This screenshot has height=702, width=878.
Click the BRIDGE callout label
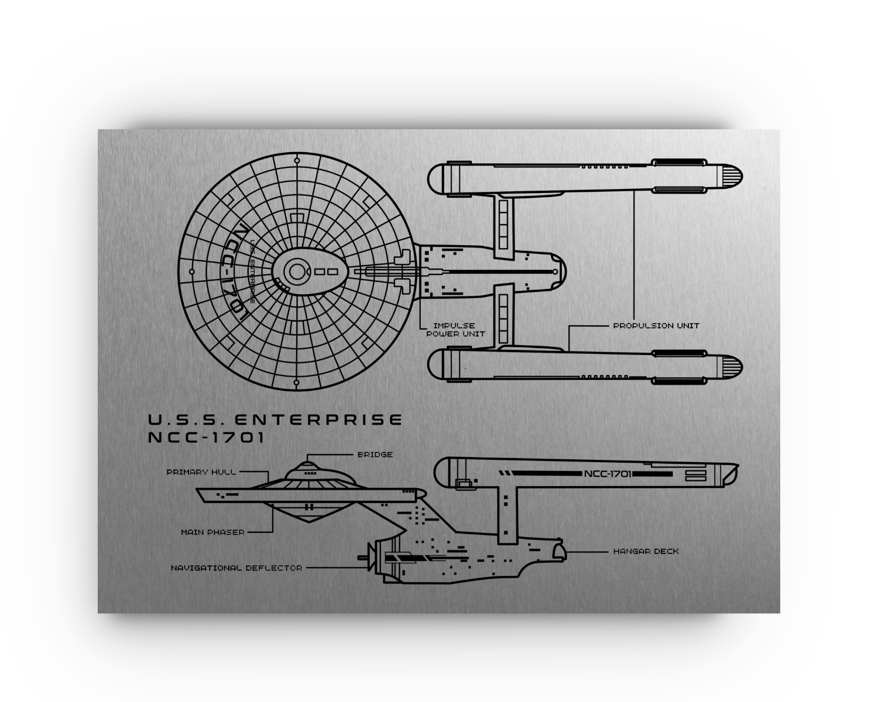tap(375, 455)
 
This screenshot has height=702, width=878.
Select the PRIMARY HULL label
tap(201, 472)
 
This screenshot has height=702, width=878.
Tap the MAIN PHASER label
tap(212, 532)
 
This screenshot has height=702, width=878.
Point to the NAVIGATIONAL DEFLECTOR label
tap(236, 568)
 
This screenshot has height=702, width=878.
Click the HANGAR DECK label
tap(646, 551)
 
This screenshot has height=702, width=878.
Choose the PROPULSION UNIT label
tap(656, 326)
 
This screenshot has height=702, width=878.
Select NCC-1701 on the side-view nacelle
tap(608, 474)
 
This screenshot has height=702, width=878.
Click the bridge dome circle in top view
tap(297, 271)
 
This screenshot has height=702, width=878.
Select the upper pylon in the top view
tap(503, 225)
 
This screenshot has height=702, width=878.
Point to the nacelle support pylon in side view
tap(507, 509)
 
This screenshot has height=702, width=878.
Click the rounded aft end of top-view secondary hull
tap(559, 271)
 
